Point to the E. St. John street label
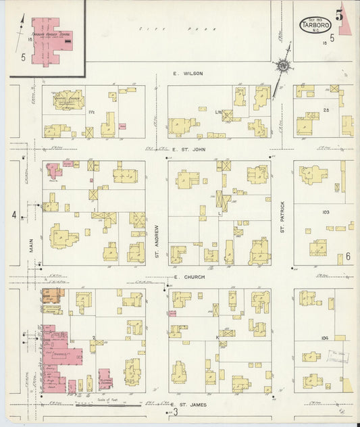(x=188, y=150)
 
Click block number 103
(x=326, y=211)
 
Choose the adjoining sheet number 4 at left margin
(x=13, y=216)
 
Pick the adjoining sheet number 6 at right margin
(x=349, y=257)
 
